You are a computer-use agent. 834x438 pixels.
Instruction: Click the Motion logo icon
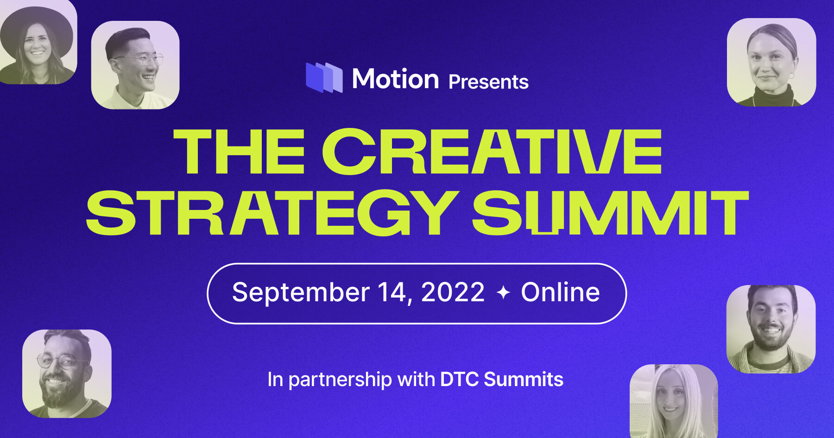pyautogui.click(x=324, y=77)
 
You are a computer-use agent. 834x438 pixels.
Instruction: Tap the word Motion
pyautogui.click(x=395, y=79)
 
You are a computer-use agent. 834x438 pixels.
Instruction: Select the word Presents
pyautogui.click(x=488, y=82)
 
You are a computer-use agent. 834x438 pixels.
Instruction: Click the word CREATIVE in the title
pyautogui.click(x=492, y=152)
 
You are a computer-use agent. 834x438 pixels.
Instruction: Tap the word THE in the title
pyautogui.click(x=239, y=152)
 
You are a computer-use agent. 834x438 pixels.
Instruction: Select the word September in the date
pyautogui.click(x=301, y=292)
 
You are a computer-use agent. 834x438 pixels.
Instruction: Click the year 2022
pyautogui.click(x=453, y=292)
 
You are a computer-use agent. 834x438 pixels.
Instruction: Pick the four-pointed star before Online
pyautogui.click(x=503, y=293)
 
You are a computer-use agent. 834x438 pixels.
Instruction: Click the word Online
pyautogui.click(x=560, y=292)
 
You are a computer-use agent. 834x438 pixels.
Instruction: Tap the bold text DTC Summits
pyautogui.click(x=501, y=380)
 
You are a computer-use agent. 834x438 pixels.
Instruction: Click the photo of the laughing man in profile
pyautogui.click(x=135, y=65)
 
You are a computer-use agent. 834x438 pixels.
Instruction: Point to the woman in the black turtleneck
pyautogui.click(x=771, y=62)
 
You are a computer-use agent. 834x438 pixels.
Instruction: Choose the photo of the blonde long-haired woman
pyautogui.click(x=674, y=400)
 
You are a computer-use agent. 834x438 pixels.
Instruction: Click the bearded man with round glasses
pyautogui.click(x=67, y=374)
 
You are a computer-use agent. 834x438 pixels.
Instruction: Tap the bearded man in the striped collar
pyautogui.click(x=771, y=329)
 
